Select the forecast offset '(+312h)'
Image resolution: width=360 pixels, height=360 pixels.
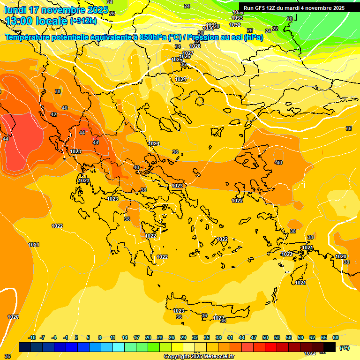(x=83, y=21)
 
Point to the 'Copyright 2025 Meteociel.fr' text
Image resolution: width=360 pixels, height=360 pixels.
(x=199, y=357)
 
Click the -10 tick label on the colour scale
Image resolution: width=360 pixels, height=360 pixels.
(x=32, y=338)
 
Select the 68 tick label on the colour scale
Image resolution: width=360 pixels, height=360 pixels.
(x=336, y=338)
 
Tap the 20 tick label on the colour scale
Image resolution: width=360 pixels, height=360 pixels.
(x=148, y=338)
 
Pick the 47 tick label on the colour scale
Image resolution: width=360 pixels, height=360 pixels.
(x=254, y=338)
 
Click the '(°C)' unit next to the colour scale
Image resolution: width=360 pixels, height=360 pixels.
(x=345, y=348)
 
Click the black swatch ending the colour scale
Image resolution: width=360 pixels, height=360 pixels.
(x=330, y=347)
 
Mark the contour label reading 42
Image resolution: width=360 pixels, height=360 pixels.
(x=53, y=114)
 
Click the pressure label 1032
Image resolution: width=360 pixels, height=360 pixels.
(x=235, y=25)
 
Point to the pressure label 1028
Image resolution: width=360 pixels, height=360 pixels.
(x=195, y=46)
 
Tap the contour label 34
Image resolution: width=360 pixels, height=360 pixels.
(x=178, y=46)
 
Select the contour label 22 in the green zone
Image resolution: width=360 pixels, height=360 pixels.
(x=275, y=29)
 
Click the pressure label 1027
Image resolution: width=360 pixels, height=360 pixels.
(x=188, y=53)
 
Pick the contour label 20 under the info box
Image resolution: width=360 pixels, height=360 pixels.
(x=289, y=19)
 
